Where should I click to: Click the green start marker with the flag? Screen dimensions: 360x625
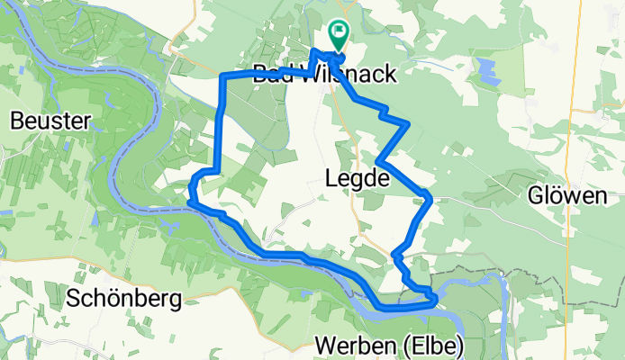(x=339, y=33)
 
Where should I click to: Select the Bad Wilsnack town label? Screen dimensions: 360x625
(x=323, y=74)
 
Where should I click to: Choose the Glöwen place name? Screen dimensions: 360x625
(x=568, y=197)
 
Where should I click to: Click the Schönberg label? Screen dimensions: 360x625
(x=124, y=297)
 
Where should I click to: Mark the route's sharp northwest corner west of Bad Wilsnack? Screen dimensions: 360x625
(x=223, y=77)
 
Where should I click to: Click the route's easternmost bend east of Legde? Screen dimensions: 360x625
(x=432, y=197)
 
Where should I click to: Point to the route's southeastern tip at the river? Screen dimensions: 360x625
(x=436, y=299)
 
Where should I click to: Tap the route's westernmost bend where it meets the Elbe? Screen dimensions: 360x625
(x=190, y=188)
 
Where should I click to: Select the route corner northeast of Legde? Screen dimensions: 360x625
(x=410, y=121)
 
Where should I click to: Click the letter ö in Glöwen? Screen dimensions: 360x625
(x=560, y=197)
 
